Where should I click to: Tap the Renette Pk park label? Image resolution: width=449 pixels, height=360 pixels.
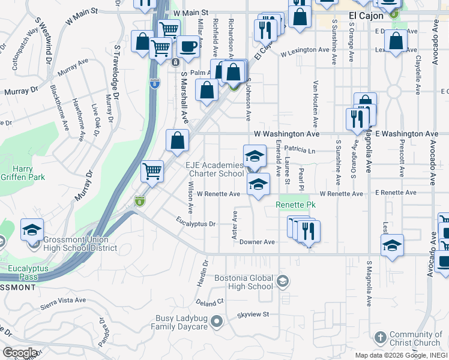coord(295,205)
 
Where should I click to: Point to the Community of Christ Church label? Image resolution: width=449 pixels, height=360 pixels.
coord(415,339)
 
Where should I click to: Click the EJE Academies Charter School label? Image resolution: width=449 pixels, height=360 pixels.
coord(214,169)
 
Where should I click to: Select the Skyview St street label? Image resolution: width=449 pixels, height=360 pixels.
coord(253,314)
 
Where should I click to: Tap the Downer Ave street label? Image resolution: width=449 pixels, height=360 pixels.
coord(256,242)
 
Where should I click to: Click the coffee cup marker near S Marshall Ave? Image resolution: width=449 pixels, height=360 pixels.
coord(188,46)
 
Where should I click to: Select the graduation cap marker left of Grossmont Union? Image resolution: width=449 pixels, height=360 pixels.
coord(32,230)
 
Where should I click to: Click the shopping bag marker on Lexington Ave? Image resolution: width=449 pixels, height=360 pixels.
coord(396,42)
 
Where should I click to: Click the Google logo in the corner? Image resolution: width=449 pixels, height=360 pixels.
coord(19,353)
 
